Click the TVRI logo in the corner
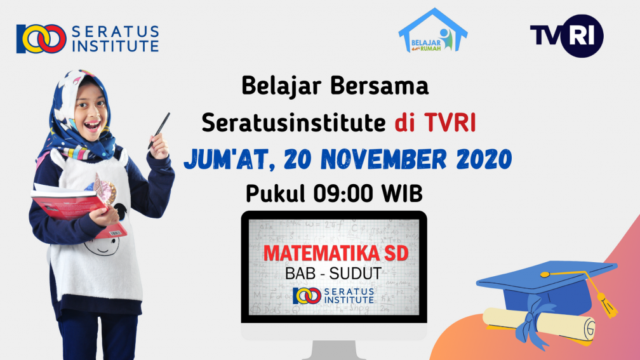tap(566, 36)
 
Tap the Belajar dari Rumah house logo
tap(432, 30)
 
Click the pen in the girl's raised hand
tap(159, 131)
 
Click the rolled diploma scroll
tap(539, 324)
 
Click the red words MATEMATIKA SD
tap(336, 253)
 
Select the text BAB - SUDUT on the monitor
tap(333, 274)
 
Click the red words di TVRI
tap(435, 122)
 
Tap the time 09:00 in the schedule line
tap(343, 194)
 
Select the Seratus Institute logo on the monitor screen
tap(333, 295)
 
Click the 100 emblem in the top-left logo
tap(41, 39)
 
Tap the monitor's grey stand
tap(333, 350)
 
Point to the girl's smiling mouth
tap(92, 125)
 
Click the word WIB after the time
tap(402, 194)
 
